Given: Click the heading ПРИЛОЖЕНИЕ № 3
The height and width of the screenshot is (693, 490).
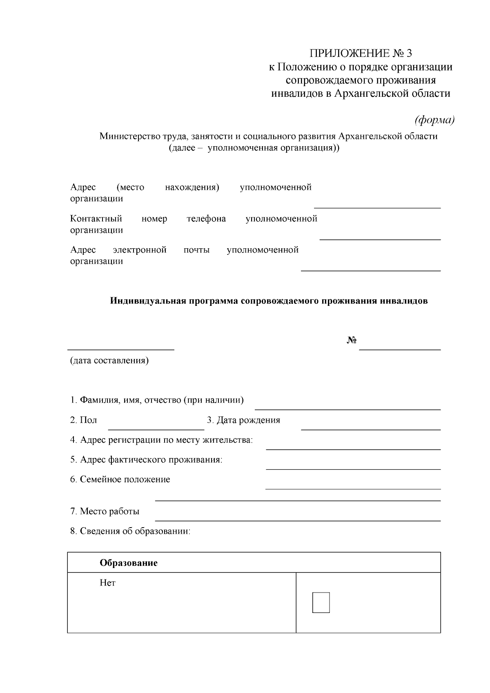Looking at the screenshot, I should pos(361,53).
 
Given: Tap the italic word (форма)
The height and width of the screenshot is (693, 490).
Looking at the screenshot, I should pos(434,120).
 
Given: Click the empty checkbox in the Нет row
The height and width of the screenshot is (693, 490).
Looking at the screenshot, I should pos(321,602).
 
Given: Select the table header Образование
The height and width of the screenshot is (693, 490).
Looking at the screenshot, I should pos(129,563).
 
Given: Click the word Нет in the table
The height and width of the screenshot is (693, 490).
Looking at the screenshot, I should pos(107,583).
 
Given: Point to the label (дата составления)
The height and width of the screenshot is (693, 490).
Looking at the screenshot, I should pos(109,361).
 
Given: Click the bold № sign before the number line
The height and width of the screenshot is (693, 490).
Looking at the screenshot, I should pos(352,341).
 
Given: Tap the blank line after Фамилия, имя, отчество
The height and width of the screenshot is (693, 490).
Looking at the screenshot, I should pos(347,408).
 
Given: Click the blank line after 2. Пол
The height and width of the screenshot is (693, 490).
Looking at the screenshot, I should pos(156,429).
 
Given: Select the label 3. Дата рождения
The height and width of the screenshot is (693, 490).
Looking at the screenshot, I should pos(243,420).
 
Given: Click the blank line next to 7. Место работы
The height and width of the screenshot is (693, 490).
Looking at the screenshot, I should pos(298,520).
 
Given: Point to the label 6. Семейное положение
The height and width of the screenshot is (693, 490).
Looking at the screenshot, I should pos(120,479).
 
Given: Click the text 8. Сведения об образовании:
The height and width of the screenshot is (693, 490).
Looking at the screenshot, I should pos(130,531).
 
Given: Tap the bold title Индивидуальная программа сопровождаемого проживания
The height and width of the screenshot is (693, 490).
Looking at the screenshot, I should pos(269,301).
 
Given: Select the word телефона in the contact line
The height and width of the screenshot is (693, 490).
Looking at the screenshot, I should pos(206,218).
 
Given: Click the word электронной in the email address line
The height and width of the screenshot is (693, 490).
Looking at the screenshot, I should pos(140,250).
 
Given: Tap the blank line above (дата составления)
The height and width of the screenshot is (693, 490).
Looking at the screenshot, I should pos(120,349).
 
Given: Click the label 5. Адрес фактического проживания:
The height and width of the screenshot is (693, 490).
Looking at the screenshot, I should pos(146,460).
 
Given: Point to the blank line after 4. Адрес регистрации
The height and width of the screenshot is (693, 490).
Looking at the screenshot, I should pos(353,449).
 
